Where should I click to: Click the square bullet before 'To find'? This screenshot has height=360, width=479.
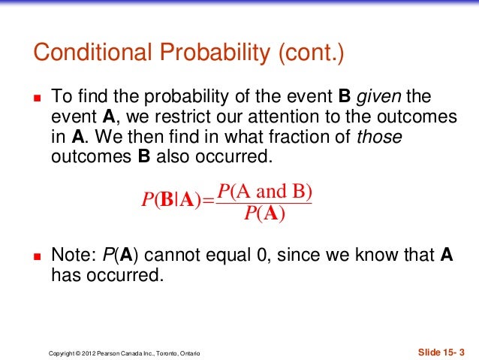click(35, 98)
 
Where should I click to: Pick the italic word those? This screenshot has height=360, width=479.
click(380, 138)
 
